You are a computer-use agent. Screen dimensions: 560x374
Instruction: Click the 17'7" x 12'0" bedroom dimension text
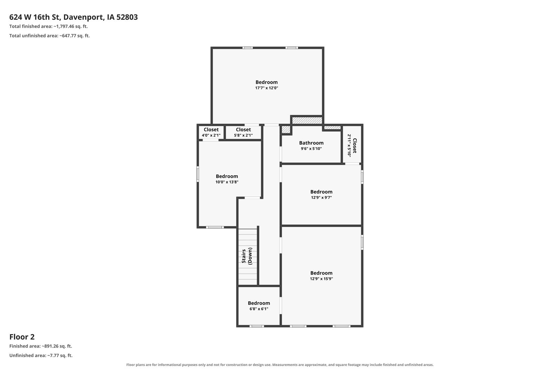point(267,88)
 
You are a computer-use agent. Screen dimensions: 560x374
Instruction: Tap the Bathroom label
point(311,143)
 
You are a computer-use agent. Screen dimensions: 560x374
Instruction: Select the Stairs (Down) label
point(247,256)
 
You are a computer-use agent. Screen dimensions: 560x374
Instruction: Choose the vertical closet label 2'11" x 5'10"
point(352,145)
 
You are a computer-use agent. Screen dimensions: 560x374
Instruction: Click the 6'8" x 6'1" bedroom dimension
point(259,309)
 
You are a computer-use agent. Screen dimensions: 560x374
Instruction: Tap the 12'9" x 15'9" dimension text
point(321,278)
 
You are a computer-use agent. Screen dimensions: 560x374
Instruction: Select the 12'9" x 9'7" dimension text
point(321,197)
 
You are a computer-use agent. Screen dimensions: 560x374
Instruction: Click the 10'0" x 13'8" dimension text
point(227,182)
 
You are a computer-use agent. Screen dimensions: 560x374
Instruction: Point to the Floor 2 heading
point(22,337)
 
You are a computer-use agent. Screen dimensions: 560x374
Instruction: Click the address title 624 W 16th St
point(35,17)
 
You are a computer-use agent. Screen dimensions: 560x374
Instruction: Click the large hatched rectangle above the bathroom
point(307,121)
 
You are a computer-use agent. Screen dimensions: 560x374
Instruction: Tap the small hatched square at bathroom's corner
point(286,130)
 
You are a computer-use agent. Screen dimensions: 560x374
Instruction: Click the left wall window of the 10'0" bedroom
point(197,174)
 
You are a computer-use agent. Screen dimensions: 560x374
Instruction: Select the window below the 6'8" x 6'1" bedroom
point(256,326)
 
